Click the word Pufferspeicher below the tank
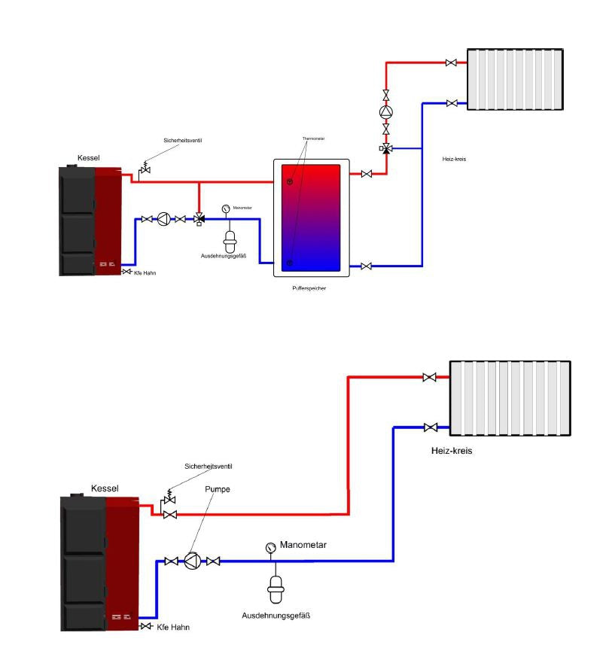pos(312,287)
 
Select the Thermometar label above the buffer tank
pos(313,139)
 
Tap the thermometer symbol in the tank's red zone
pos(290,181)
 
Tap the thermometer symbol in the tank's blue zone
pos(290,263)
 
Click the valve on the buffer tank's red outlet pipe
pos(366,175)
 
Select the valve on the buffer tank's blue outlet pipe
pos(366,266)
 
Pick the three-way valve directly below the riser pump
pos(386,148)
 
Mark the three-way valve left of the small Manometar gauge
pos(199,219)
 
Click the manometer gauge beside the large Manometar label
pos(271,547)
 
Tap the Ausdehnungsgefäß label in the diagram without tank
pos(276,615)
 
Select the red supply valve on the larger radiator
pos(430,377)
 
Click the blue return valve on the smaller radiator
pos(451,102)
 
